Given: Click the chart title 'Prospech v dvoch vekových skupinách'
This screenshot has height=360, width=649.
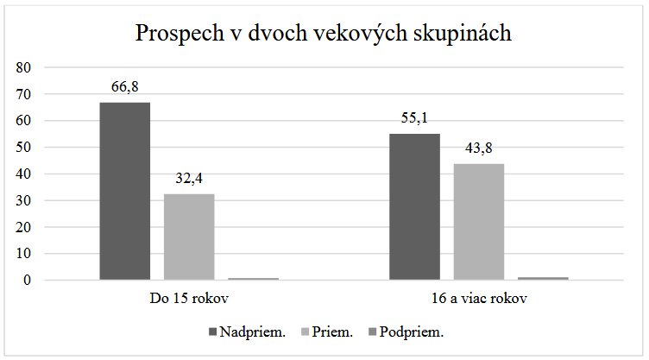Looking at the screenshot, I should tap(324, 34).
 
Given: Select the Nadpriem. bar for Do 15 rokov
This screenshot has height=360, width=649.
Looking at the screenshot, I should tap(124, 191).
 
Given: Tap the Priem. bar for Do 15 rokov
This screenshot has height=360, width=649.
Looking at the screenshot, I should tap(189, 237).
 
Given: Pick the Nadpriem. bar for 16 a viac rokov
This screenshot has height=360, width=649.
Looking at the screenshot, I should tap(414, 206).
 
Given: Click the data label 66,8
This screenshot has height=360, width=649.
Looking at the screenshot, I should tap(125, 87).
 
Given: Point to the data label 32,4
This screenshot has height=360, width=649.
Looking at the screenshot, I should tap(189, 179).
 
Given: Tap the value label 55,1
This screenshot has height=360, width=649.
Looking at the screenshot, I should tap(414, 118).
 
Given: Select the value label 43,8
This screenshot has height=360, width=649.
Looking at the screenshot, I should tap(479, 148).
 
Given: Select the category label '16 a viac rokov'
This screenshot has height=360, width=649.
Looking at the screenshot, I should tap(479, 300).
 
